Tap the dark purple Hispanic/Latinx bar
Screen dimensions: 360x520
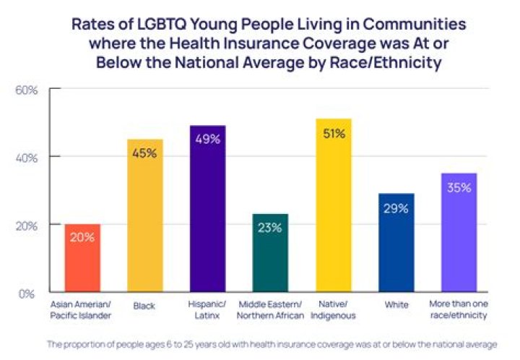(207, 209)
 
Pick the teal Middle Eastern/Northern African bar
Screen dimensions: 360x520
(270, 253)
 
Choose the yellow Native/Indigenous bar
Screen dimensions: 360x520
(333, 205)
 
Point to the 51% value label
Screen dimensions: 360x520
(333, 134)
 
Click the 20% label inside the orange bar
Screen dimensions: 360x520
(82, 236)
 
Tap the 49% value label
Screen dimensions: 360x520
(207, 140)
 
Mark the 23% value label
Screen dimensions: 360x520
(270, 228)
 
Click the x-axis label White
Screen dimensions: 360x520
(396, 307)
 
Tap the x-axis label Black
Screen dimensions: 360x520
(144, 307)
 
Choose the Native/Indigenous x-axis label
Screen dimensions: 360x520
(333, 311)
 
